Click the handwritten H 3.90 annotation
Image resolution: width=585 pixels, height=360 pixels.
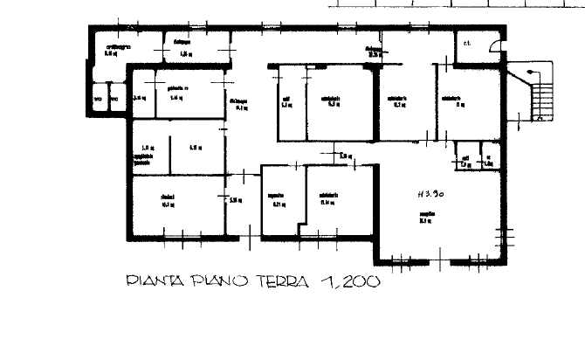point(430,196)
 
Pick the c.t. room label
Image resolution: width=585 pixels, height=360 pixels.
point(467,41)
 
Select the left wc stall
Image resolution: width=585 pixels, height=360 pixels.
point(99,99)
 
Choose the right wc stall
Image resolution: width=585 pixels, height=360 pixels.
point(114,99)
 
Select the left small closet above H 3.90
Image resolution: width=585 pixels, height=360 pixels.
point(465,159)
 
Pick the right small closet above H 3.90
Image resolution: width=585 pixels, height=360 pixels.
point(488,159)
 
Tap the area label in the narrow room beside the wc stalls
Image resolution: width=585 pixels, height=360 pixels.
point(139,98)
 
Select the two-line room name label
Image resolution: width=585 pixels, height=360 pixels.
point(144,158)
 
